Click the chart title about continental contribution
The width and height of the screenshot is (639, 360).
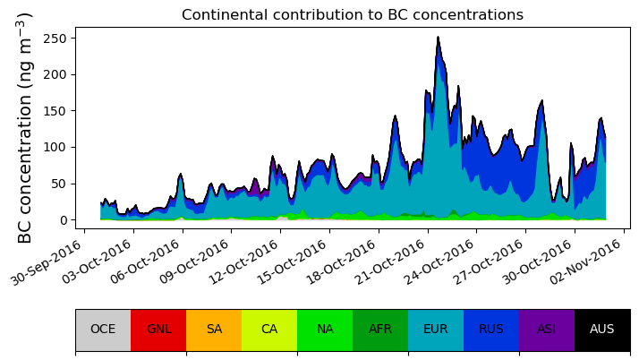352,15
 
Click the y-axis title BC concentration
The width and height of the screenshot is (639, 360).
25,127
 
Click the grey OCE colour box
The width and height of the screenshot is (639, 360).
103,330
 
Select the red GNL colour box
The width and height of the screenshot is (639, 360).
158,330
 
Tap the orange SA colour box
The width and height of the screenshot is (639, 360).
214,330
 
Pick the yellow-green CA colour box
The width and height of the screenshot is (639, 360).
269,330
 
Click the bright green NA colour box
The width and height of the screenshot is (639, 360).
325,330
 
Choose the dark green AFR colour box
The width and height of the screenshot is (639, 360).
380,330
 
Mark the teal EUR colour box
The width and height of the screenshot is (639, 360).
436,330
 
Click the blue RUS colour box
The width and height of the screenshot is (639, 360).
491,330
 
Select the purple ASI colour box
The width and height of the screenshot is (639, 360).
547,330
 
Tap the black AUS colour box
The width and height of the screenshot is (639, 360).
602,330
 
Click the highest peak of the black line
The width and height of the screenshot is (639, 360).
438,38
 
